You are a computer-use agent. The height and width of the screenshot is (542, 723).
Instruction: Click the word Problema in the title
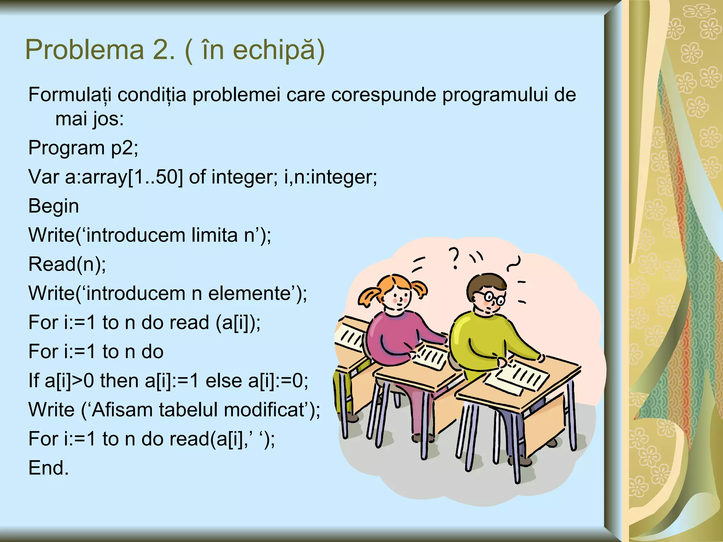click(x=85, y=50)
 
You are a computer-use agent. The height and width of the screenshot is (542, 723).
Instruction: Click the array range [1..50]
click(x=155, y=177)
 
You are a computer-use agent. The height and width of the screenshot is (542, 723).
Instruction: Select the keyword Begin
click(x=54, y=206)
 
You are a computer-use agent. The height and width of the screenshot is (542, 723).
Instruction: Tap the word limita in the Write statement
click(x=214, y=235)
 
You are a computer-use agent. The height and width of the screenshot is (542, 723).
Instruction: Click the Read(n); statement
click(x=67, y=264)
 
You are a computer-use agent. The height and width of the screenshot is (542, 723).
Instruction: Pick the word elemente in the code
click(x=249, y=293)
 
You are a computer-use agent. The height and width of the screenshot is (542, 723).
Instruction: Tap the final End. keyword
click(x=48, y=468)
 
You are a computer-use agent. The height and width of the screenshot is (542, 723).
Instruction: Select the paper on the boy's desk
click(x=517, y=378)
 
